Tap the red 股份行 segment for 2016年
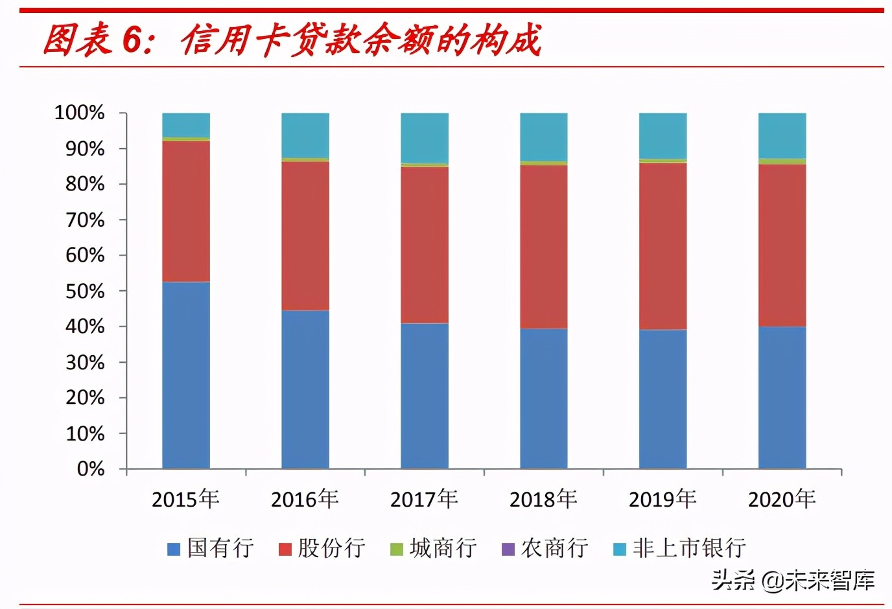(x=305, y=235)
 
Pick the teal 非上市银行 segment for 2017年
(x=425, y=138)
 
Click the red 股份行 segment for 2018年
(x=544, y=246)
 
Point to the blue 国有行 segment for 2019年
(x=663, y=398)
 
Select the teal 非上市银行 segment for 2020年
(x=782, y=135)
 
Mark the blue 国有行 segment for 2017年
(x=425, y=395)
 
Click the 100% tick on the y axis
(x=80, y=113)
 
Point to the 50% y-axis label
(x=85, y=291)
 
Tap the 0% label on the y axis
(x=91, y=468)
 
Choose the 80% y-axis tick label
(x=85, y=184)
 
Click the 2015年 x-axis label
(x=186, y=499)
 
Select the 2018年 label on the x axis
(x=544, y=499)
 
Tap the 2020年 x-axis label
(x=782, y=499)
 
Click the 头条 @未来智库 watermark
(x=793, y=580)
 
